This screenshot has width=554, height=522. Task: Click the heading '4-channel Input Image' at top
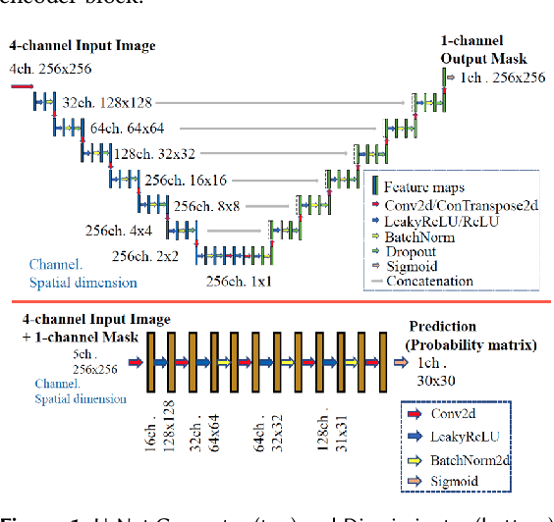pyautogui.click(x=82, y=45)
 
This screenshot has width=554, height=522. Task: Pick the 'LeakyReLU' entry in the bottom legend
pyautogui.click(x=453, y=435)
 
